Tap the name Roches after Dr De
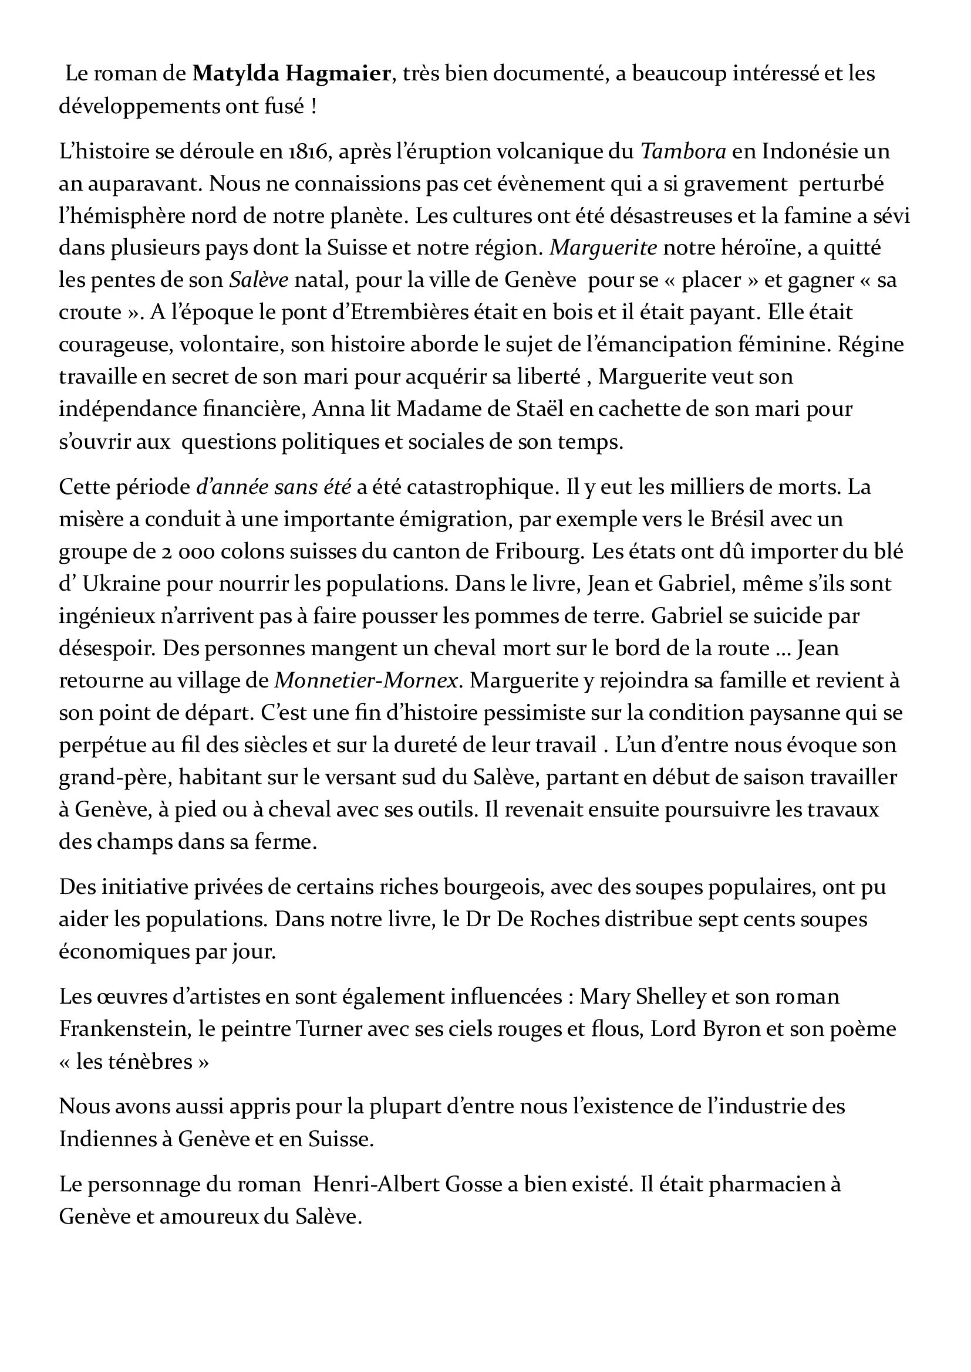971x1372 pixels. pos(562,919)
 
